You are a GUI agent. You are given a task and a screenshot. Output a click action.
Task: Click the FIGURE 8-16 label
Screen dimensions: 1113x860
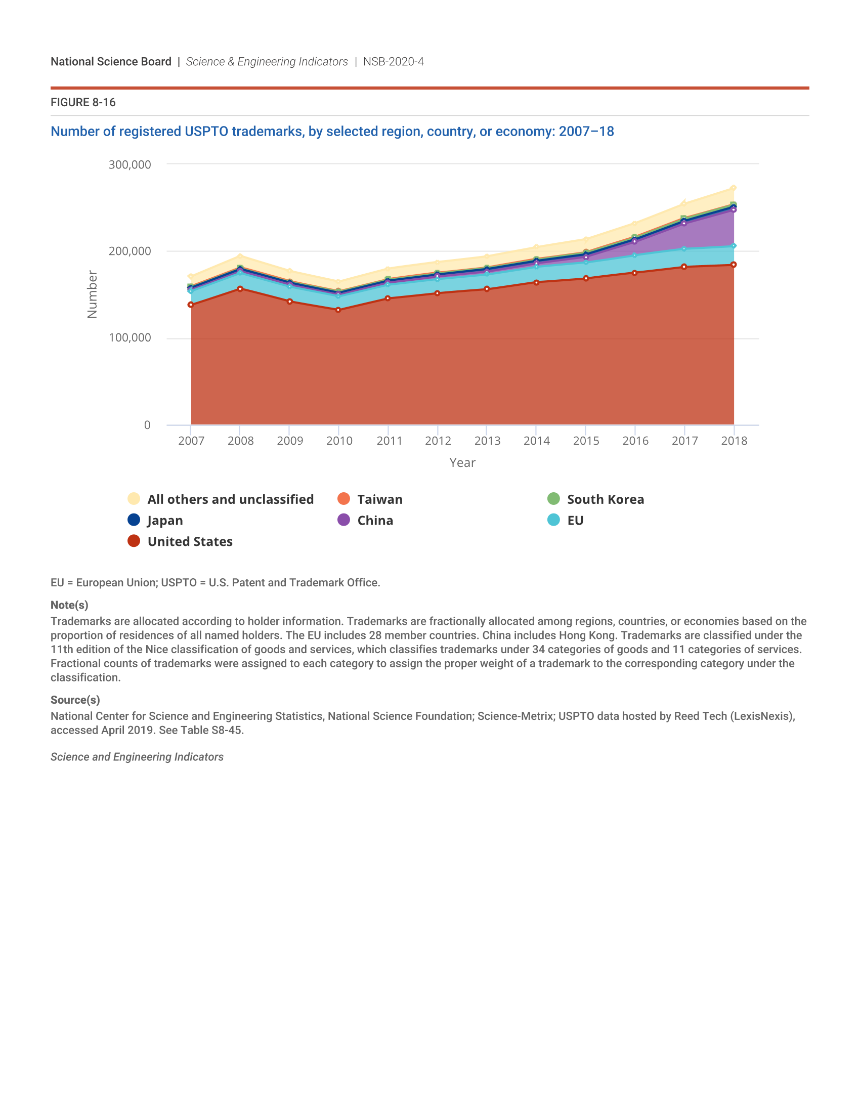(x=83, y=102)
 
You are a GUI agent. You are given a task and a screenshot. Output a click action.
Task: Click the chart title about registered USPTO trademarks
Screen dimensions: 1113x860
(x=332, y=132)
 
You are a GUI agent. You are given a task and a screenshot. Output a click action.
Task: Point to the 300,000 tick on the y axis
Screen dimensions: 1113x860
(x=130, y=164)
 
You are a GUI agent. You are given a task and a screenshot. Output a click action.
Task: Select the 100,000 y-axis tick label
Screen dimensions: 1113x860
(x=130, y=338)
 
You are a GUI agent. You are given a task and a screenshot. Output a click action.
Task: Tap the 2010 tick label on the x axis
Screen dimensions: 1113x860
(x=339, y=441)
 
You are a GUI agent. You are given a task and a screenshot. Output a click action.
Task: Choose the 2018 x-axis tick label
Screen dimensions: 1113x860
(x=734, y=441)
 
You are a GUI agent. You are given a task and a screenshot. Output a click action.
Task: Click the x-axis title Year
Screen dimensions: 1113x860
(x=462, y=463)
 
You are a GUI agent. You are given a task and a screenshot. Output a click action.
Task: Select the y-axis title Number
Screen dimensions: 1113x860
(x=92, y=294)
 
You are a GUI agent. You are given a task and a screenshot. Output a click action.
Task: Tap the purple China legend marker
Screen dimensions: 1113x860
(x=344, y=520)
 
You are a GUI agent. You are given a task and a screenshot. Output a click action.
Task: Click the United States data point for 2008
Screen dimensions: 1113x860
(x=240, y=289)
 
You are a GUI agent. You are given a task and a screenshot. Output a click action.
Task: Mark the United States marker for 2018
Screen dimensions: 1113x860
(x=734, y=265)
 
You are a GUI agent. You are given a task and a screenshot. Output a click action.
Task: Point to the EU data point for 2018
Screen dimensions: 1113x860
(x=734, y=246)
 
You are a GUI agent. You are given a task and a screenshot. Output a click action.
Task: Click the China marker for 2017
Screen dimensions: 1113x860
(x=684, y=223)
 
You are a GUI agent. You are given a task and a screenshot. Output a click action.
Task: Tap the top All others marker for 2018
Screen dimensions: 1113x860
(x=734, y=188)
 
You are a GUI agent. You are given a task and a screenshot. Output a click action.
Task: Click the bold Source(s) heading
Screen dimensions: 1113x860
(x=75, y=700)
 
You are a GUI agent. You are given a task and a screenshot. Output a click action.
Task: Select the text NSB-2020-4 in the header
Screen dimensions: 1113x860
(x=393, y=62)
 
